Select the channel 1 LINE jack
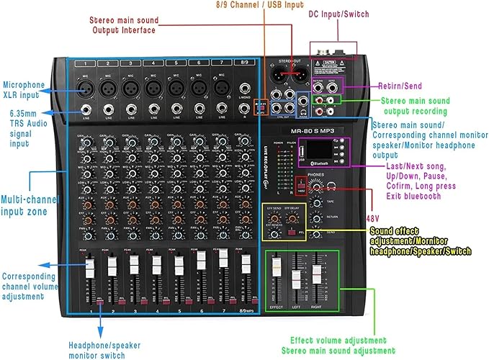coord(86,110)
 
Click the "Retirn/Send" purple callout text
coord(400,86)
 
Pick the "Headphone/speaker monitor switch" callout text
coord(106,349)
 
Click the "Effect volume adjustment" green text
coord(338,340)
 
